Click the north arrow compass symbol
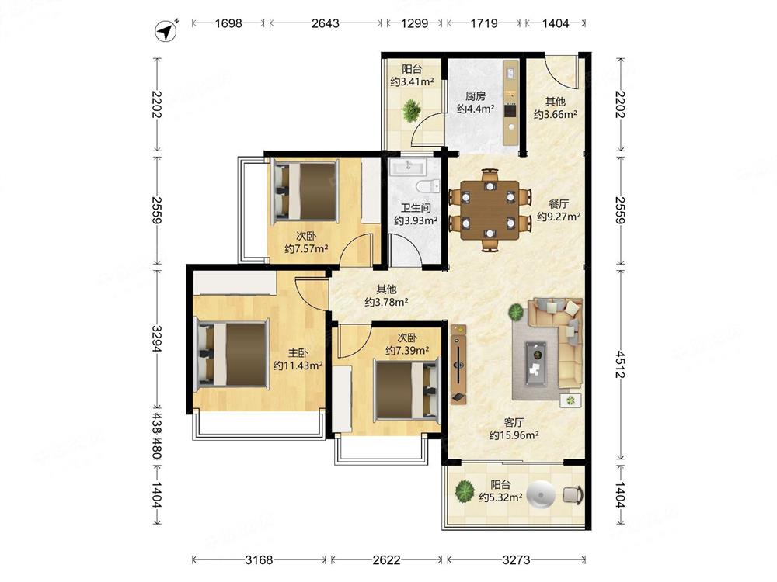tap(166, 32)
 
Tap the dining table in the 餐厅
tap(490, 210)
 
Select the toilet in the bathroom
tap(428, 186)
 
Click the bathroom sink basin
tap(408, 167)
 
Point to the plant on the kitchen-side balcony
tap(411, 110)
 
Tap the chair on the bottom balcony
tap(573, 495)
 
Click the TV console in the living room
tap(458, 364)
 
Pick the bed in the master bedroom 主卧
tap(232, 353)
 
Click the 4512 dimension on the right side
tap(620, 364)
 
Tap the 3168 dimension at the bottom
tap(259, 559)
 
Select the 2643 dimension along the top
tap(325, 23)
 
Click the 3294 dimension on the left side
tap(157, 339)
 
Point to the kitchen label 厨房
tap(476, 95)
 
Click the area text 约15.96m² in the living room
tap(514, 435)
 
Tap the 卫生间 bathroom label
tap(415, 208)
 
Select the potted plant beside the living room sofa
tap(516, 312)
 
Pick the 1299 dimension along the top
tap(414, 23)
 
